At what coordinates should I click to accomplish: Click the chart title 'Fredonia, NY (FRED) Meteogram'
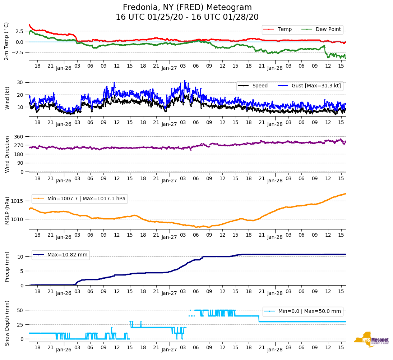187,8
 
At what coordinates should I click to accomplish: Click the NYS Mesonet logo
371,339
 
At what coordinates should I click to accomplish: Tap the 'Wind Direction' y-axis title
7,154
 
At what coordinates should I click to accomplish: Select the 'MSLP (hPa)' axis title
7,210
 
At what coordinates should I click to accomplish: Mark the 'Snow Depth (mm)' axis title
7,323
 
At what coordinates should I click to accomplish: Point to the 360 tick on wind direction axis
19,137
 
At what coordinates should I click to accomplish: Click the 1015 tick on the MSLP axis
18,201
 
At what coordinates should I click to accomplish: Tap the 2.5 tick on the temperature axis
20,31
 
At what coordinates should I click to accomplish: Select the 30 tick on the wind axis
20,82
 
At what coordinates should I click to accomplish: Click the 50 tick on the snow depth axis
20,310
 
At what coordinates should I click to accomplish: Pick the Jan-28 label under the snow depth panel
275,350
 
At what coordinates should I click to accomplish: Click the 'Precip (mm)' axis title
7,266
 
